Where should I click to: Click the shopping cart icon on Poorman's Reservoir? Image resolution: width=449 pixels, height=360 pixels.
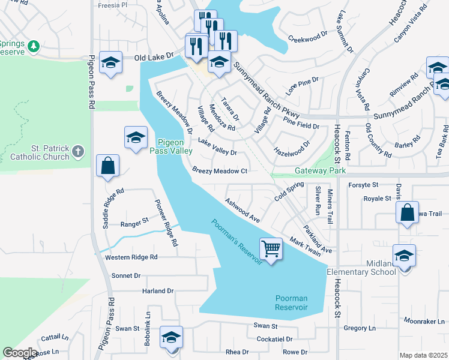(271, 248)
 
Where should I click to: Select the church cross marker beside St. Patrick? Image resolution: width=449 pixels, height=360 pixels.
(78, 152)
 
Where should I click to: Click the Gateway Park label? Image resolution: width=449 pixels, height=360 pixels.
(320, 171)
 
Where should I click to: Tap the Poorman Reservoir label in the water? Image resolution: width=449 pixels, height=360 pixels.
(291, 302)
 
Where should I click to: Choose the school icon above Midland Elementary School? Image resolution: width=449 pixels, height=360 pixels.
(404, 255)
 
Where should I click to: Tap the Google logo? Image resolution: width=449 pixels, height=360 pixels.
(20, 353)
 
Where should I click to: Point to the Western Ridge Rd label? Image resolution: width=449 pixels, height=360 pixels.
(131, 257)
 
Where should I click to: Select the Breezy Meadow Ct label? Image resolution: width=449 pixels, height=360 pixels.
(220, 171)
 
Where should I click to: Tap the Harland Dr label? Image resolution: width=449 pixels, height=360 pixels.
(157, 291)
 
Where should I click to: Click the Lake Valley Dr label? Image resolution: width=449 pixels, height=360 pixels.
(217, 148)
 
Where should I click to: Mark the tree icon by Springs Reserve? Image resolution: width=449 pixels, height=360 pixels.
(34, 46)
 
